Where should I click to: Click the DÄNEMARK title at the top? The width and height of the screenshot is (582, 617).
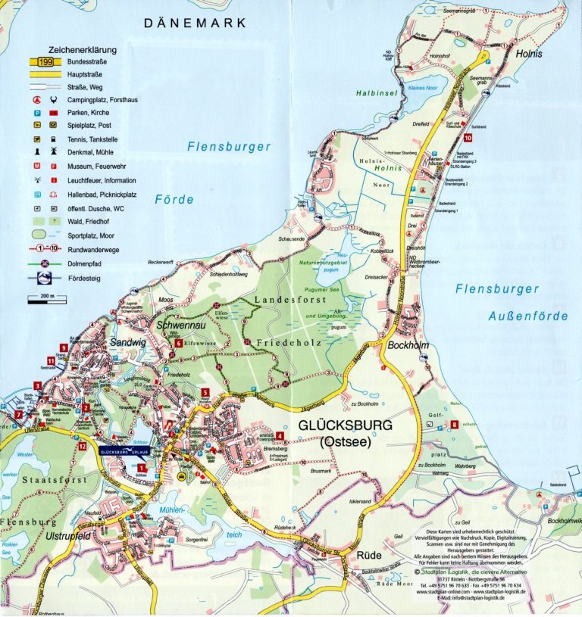(196, 23)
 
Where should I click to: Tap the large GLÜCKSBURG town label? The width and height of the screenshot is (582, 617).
(345, 425)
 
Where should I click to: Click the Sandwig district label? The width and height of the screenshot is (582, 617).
(127, 342)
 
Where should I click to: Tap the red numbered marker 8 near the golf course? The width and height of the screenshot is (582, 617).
(454, 425)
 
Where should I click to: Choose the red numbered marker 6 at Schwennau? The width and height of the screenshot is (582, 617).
(177, 343)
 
